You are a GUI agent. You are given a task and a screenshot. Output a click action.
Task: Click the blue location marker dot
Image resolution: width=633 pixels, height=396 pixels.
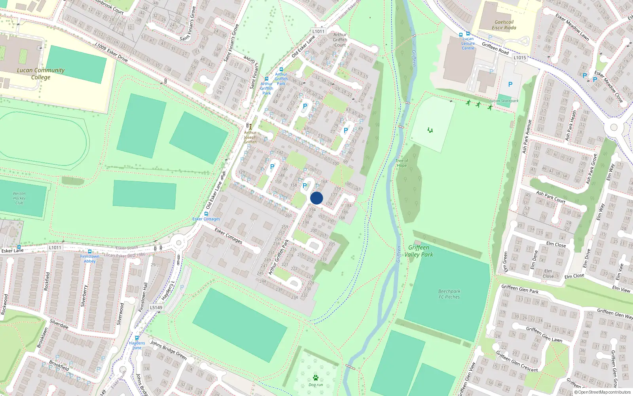pyautogui.click(x=316, y=198)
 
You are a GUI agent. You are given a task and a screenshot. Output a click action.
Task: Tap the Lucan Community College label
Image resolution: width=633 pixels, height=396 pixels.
pyautogui.click(x=41, y=74)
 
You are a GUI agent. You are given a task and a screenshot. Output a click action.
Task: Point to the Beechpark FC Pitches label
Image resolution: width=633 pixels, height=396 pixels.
pyautogui.click(x=449, y=294)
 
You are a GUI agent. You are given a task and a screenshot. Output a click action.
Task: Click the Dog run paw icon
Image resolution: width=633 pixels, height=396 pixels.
pyautogui.click(x=316, y=378)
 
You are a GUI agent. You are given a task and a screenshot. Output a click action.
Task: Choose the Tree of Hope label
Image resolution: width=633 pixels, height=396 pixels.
pyautogui.click(x=402, y=163)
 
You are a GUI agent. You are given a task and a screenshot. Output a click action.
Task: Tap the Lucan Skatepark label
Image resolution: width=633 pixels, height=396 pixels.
pyautogui.click(x=504, y=101)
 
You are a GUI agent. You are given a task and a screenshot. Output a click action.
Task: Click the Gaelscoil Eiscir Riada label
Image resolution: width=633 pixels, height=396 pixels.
pyautogui.click(x=504, y=25)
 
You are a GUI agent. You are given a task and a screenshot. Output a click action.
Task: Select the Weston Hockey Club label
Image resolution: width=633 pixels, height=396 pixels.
pyautogui.click(x=19, y=198)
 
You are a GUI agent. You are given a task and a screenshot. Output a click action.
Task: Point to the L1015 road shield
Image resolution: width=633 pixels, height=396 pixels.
pyautogui.click(x=520, y=57)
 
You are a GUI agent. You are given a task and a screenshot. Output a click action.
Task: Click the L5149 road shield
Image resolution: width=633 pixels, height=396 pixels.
pyautogui.click(x=156, y=307)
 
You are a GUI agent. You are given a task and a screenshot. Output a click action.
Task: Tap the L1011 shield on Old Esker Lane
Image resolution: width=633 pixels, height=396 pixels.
pyautogui.click(x=318, y=31)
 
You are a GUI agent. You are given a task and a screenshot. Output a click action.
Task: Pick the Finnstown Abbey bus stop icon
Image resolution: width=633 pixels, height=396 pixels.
pyautogui.click(x=90, y=251)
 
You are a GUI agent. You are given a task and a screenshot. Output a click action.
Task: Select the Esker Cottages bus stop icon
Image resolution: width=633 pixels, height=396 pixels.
pyautogui.click(x=206, y=214)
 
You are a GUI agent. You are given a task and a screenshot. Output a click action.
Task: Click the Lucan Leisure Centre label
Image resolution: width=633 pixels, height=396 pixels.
pyautogui.click(x=468, y=44)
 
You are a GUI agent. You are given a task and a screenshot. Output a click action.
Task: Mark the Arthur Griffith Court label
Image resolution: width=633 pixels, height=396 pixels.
pyautogui.click(x=340, y=40)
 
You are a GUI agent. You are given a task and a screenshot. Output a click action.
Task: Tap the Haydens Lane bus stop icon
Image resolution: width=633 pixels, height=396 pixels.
pyautogui.click(x=137, y=338)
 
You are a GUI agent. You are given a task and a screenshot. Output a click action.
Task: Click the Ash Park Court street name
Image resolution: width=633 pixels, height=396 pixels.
pyautogui.click(x=551, y=197)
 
